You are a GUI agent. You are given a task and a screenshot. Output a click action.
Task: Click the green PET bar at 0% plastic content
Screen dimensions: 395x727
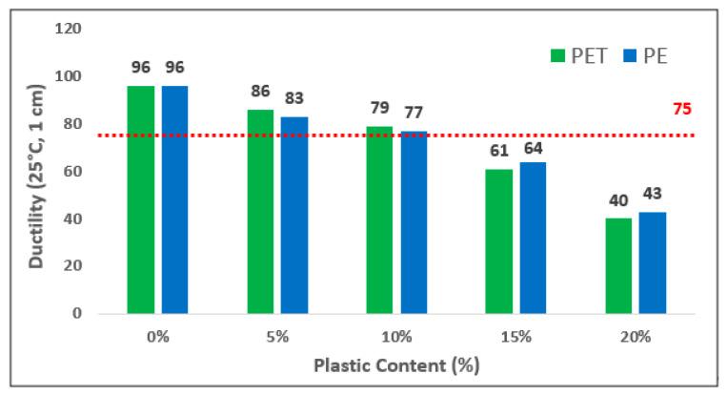click(141, 199)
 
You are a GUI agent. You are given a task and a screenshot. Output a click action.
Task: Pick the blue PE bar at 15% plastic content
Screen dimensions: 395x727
click(533, 238)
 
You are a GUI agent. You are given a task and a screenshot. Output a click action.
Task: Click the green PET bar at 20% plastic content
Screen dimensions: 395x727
click(618, 265)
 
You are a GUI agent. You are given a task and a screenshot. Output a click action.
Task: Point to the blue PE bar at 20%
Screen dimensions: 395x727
click(652, 262)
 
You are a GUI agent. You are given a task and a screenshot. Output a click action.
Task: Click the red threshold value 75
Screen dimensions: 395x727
click(682, 109)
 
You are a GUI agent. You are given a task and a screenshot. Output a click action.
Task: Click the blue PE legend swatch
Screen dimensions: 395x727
click(628, 55)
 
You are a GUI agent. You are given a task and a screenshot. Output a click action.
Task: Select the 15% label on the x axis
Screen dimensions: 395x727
click(515, 337)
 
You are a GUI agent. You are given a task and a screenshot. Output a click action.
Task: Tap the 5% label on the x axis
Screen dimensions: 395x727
click(277, 337)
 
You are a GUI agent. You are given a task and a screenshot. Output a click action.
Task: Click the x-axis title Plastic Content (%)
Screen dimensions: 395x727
click(397, 366)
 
